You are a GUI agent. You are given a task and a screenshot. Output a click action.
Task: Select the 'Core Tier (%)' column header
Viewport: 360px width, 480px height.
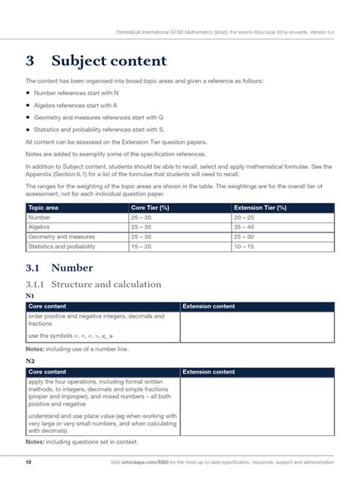point(150,207)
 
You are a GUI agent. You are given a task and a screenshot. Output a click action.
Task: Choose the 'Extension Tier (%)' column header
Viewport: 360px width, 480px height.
point(261,207)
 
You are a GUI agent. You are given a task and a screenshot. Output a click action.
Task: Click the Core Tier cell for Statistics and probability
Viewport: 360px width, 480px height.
point(142,246)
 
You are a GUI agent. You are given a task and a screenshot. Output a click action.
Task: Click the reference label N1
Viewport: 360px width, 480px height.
point(30,295)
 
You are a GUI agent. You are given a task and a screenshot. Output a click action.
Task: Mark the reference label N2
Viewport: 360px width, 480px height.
point(30,361)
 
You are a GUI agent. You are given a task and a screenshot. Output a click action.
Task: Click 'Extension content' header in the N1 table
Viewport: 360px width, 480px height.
point(209,306)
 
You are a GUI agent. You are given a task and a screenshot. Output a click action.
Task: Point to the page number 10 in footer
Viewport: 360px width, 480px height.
point(28,462)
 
